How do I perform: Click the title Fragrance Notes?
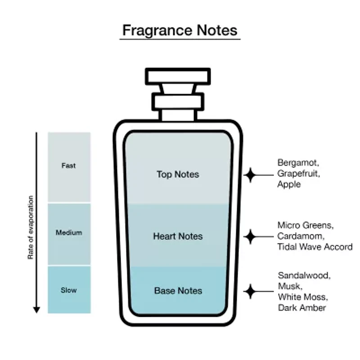click(180, 30)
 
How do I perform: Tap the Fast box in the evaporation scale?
click(69, 166)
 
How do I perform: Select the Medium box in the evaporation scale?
click(69, 233)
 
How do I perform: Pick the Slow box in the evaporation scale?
click(69, 290)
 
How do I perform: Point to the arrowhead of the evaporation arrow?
click(36, 310)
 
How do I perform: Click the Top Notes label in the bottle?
click(178, 174)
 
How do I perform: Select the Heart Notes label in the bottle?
click(178, 236)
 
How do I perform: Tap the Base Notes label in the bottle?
click(178, 291)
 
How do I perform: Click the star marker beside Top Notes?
click(250, 175)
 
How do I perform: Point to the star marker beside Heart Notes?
click(250, 236)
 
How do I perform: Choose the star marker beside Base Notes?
click(250, 291)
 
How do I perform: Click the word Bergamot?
click(295, 162)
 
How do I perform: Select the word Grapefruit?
click(297, 173)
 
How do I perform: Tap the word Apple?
click(289, 184)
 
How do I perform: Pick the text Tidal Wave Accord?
click(315, 247)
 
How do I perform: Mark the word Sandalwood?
click(303, 275)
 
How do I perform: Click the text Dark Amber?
click(301, 308)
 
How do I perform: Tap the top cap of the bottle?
click(178, 76)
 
